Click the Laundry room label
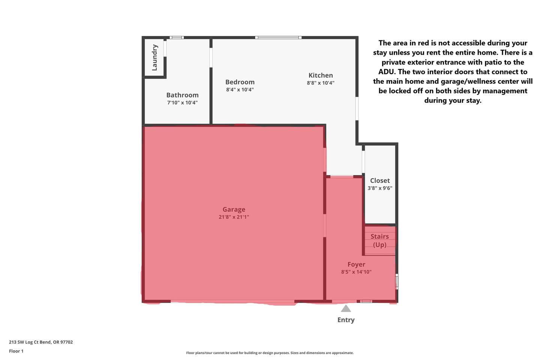(x=154, y=57)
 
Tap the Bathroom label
(x=183, y=95)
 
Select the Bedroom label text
(x=240, y=82)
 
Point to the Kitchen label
(x=321, y=75)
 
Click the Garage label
(x=234, y=209)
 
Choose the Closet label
(x=380, y=181)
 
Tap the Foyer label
(x=356, y=264)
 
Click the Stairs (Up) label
(x=379, y=241)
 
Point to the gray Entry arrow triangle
(x=346, y=308)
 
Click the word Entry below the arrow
(x=346, y=320)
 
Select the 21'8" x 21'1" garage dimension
(x=234, y=217)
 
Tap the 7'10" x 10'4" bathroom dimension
(x=183, y=102)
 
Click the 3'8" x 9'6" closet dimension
(x=380, y=188)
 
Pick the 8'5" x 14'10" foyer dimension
(x=356, y=272)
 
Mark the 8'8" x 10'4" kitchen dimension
(x=321, y=83)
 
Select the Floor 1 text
(x=16, y=351)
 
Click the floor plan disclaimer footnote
(x=270, y=353)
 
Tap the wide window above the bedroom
(x=278, y=37)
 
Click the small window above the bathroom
(x=177, y=37)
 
